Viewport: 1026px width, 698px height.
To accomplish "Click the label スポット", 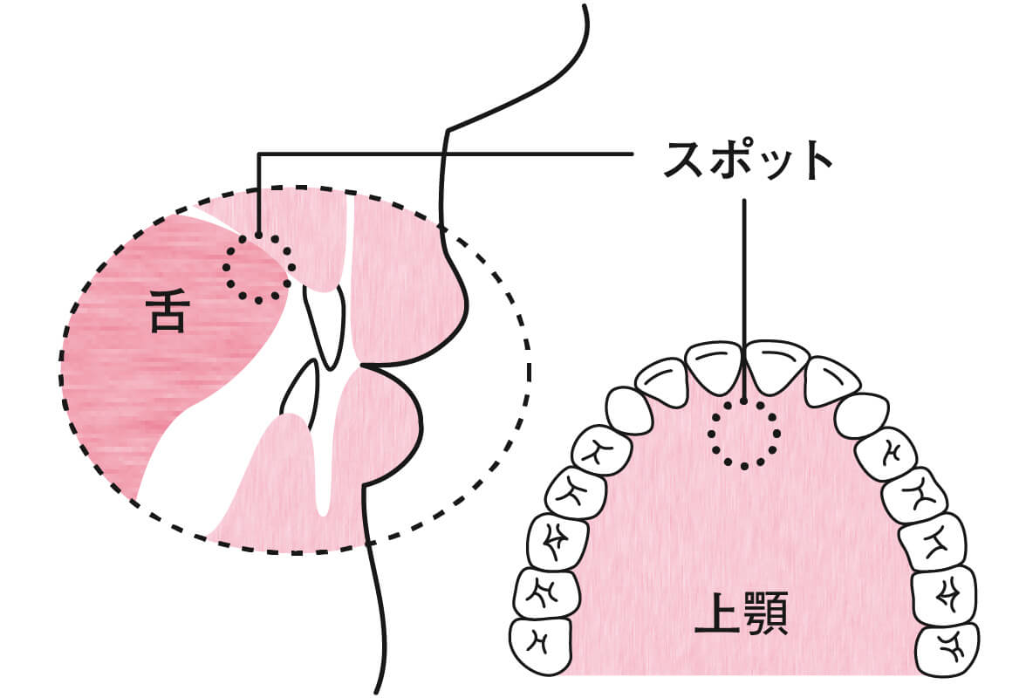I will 747,159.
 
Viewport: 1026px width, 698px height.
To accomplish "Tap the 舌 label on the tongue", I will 167,314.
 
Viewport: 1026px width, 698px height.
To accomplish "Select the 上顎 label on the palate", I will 741,617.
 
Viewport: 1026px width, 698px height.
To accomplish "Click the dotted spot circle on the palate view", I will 743,433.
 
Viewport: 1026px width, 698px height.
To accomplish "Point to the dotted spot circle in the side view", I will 257,269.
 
